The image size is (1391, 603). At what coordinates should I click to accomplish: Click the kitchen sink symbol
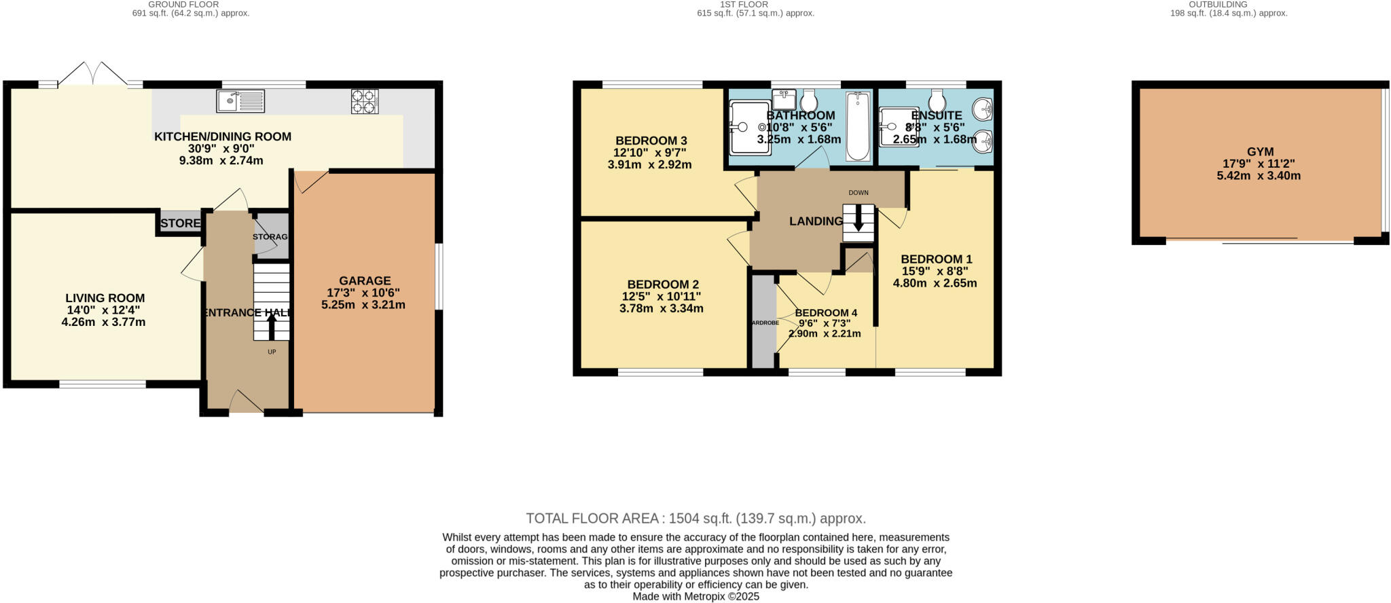tap(240, 101)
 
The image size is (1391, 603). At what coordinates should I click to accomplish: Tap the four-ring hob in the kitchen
tap(365, 101)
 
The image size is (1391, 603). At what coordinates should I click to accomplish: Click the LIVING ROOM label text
tap(105, 298)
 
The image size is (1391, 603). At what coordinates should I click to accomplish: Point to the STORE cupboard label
tap(180, 223)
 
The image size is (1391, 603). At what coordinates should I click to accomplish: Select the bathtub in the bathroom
tap(858, 127)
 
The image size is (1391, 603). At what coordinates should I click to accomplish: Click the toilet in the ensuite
tap(937, 101)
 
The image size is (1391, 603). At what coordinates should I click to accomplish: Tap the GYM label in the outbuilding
tap(1260, 152)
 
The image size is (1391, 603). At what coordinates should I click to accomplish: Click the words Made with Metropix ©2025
tap(695, 597)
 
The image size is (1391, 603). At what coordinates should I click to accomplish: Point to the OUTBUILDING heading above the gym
tap(1228, 4)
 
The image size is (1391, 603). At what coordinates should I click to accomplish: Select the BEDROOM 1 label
tap(936, 259)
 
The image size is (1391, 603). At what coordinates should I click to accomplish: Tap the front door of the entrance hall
tap(246, 403)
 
